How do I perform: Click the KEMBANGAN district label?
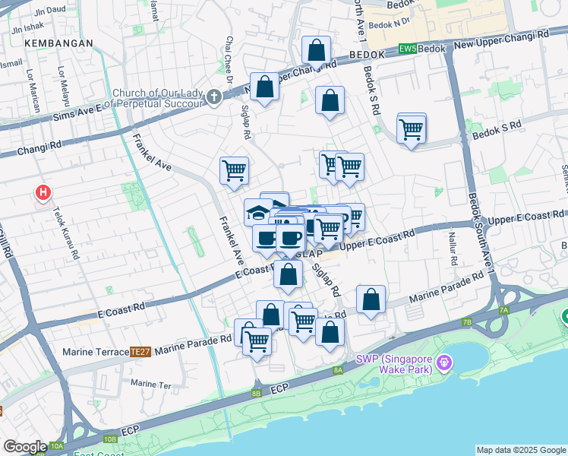58,43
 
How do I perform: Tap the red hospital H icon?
43,192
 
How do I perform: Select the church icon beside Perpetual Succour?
214,97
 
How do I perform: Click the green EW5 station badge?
408,49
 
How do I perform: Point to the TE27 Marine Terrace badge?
140,352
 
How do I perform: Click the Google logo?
25,447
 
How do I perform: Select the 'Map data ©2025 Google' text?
520,450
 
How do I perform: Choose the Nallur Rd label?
453,250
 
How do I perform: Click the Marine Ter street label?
151,384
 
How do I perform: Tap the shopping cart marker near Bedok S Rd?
411,130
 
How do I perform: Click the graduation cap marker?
258,212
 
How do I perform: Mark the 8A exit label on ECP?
338,370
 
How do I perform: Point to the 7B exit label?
466,322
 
